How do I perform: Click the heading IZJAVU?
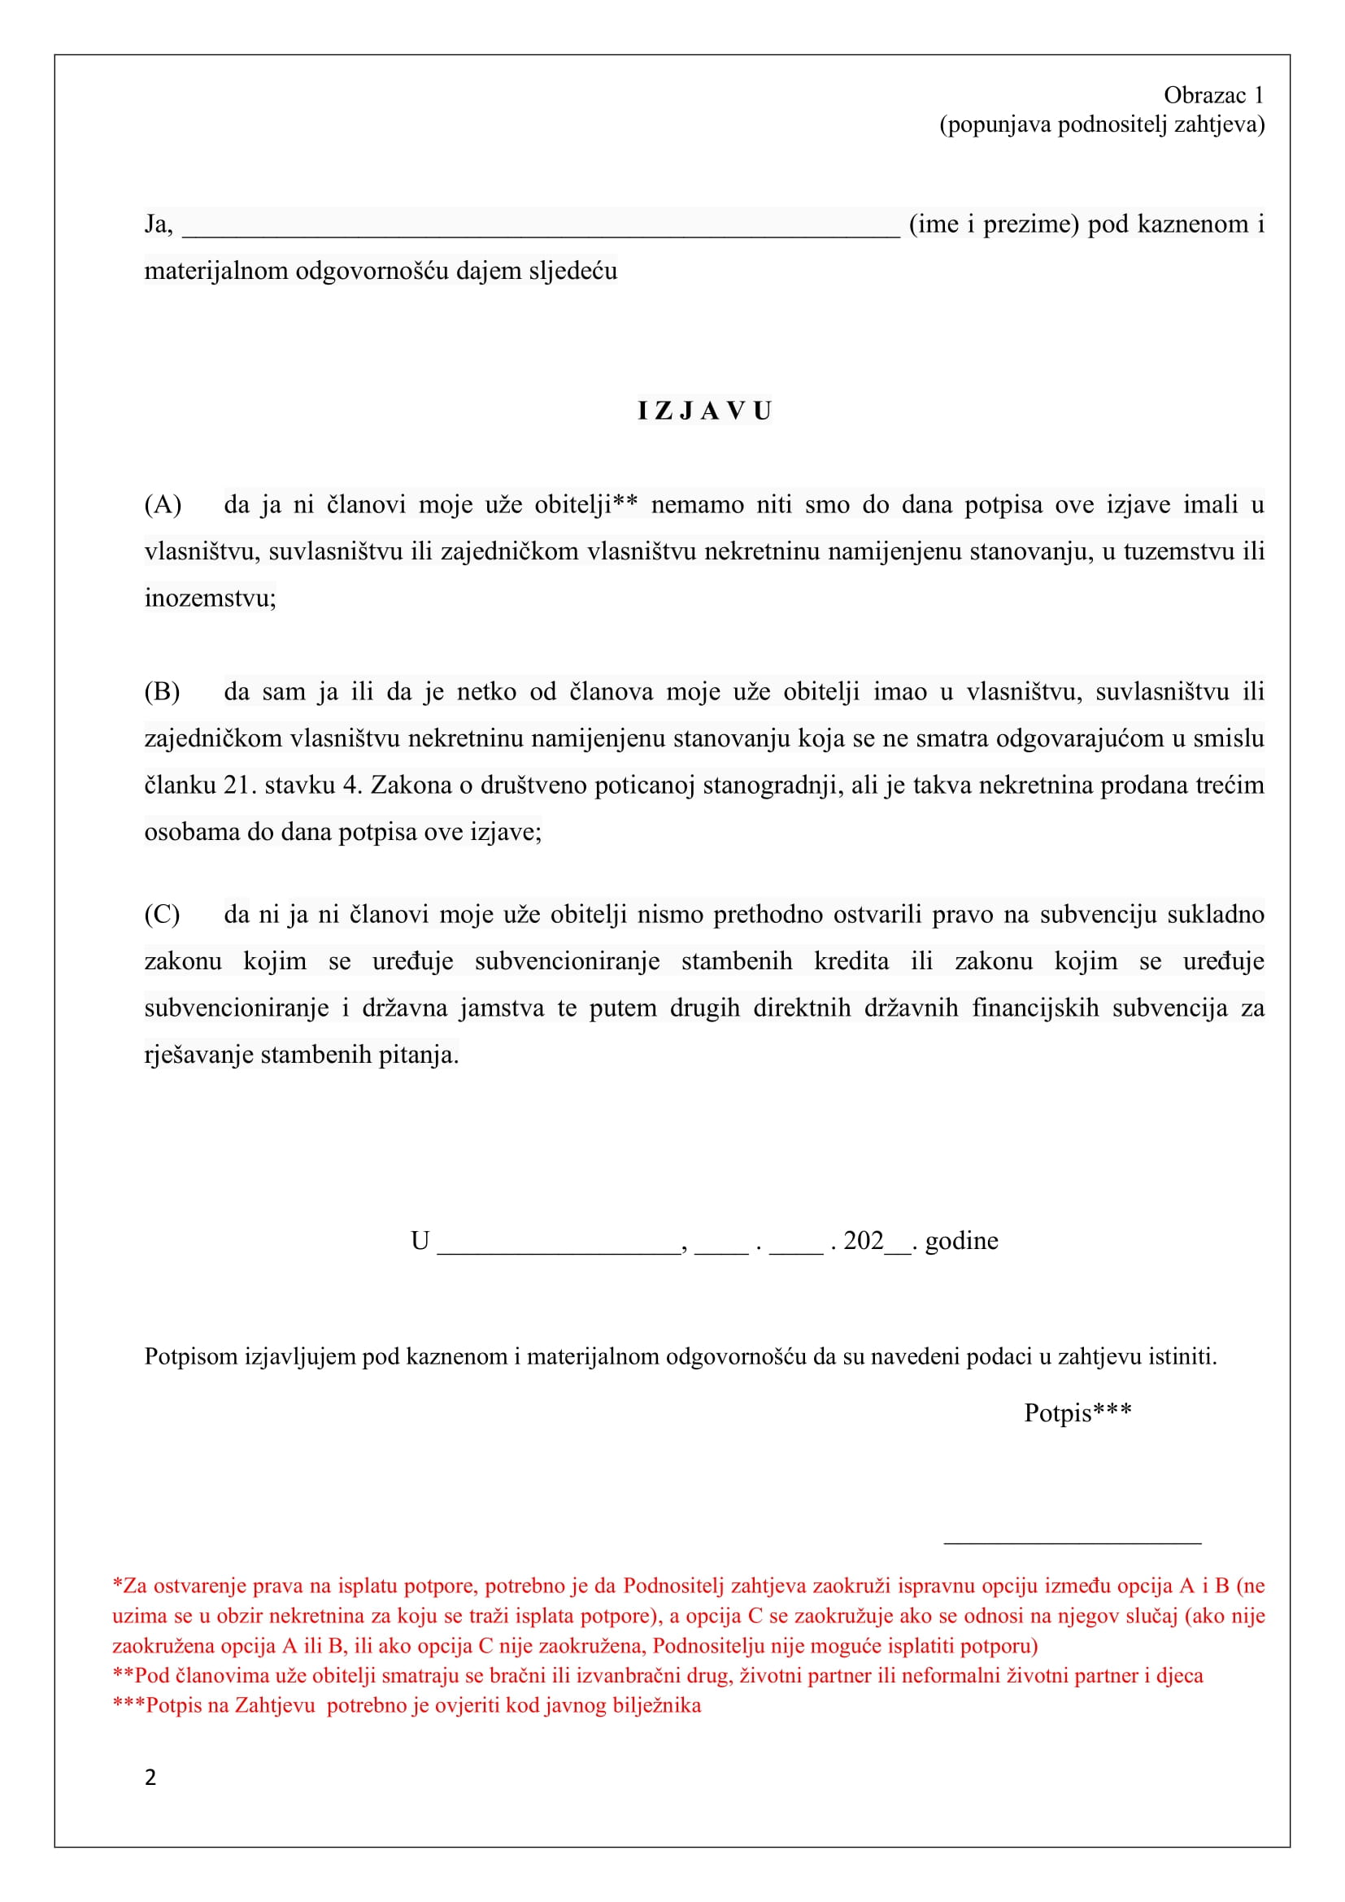click(x=704, y=411)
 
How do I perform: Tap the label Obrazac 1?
click(x=1213, y=95)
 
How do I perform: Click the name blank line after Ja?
click(x=540, y=228)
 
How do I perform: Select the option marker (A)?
click(x=163, y=504)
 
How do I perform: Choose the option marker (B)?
click(x=163, y=692)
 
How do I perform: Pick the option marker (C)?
click(x=163, y=915)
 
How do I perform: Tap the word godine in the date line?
click(x=960, y=1241)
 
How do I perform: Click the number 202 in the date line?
click(x=863, y=1240)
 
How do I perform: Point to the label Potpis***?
click(x=1077, y=1412)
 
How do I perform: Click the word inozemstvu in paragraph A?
click(x=209, y=598)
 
